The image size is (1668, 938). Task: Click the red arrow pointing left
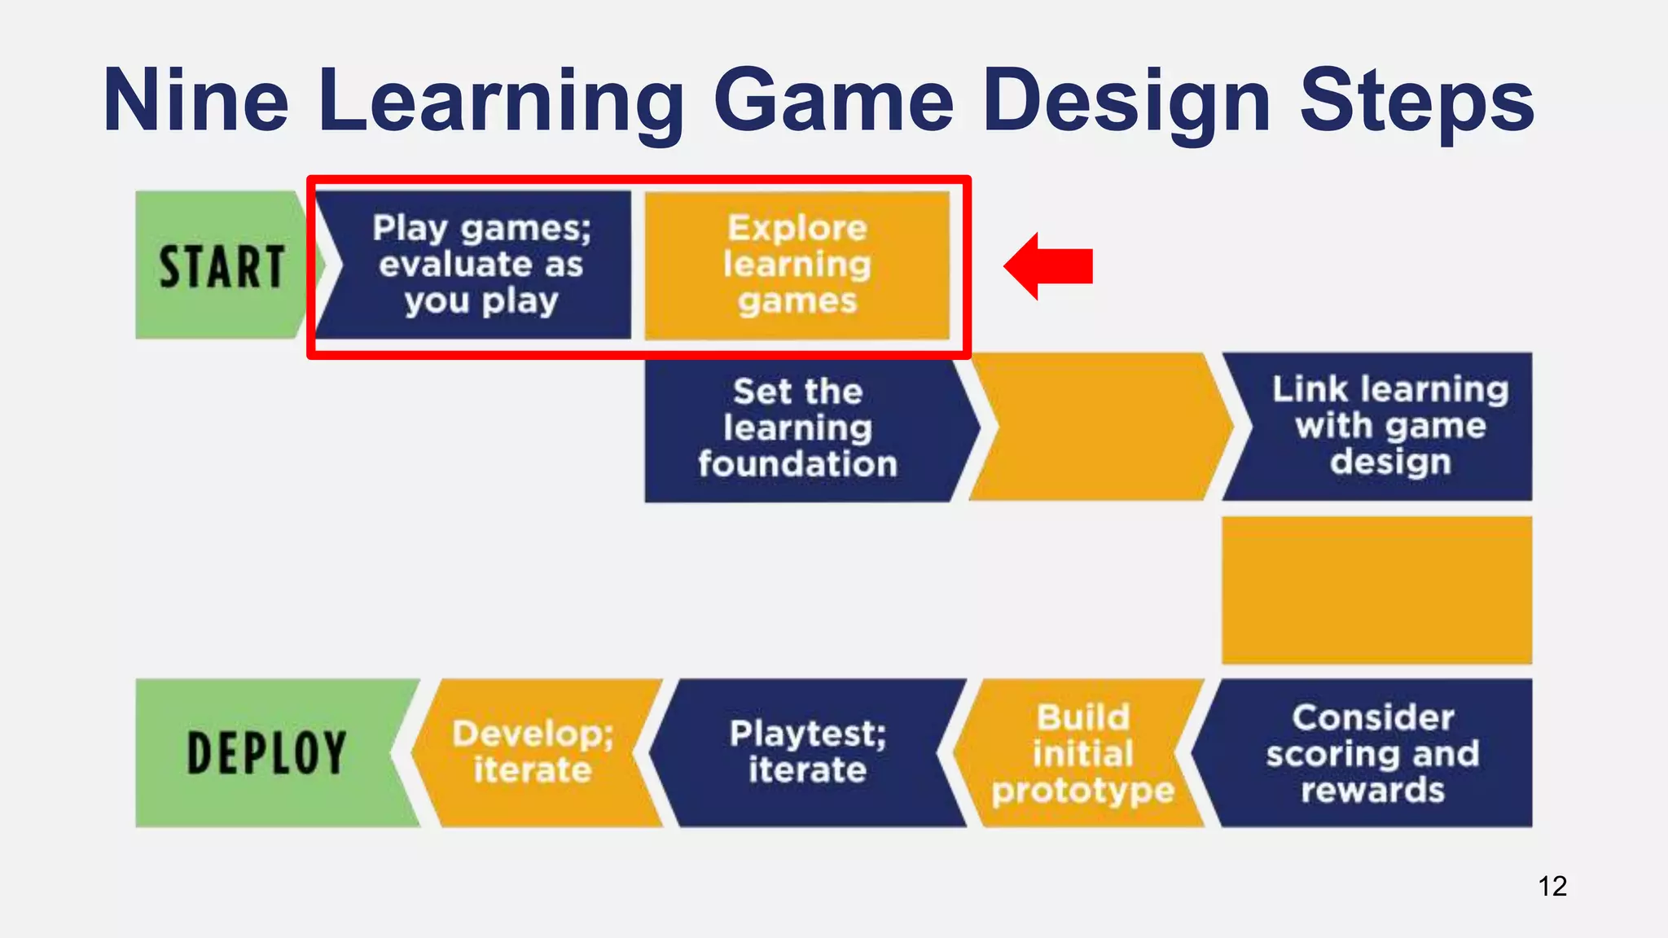(1048, 266)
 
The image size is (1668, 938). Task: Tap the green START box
(220, 265)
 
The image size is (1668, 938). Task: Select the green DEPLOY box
(266, 753)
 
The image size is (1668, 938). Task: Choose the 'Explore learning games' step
(797, 265)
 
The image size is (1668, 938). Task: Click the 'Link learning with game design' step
(1389, 426)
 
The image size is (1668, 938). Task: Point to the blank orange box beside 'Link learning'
(1100, 426)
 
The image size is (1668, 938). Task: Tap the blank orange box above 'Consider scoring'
(1376, 590)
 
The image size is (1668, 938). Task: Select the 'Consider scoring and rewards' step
(1372, 753)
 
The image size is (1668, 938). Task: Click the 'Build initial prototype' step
(1082, 753)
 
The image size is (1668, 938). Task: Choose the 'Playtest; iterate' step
(808, 753)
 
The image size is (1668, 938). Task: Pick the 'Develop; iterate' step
(533, 753)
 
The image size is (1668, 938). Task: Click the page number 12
(1552, 886)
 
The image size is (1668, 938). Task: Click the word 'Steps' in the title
(1416, 101)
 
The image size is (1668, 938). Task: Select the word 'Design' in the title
(1126, 101)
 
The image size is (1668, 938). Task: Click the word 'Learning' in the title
(501, 101)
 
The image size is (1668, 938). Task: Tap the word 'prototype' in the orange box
(1082, 790)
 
